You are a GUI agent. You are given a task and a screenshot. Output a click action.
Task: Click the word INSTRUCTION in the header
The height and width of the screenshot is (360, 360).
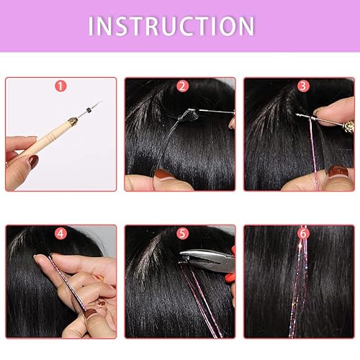pos(171,26)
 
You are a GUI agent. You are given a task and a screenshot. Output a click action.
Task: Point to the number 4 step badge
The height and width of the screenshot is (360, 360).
pos(60,234)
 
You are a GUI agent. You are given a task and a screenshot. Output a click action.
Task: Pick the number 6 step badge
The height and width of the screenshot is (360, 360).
pos(302,234)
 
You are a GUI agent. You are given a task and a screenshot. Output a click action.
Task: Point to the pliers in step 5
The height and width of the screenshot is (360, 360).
pos(205,260)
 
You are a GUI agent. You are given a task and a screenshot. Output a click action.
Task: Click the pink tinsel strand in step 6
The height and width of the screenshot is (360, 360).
pos(300,288)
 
